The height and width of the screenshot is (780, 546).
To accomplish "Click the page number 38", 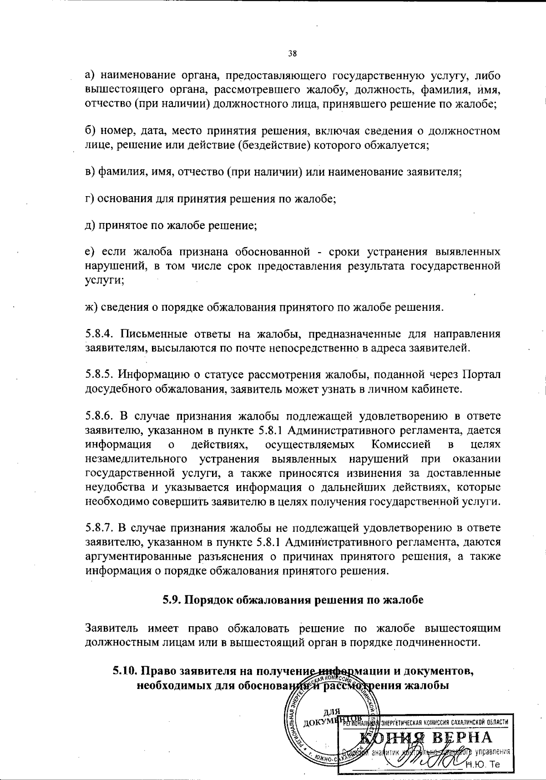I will pos(293,53).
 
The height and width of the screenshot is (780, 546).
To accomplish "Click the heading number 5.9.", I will pos(172,600).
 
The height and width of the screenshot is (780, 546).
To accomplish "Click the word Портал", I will pos(481,375).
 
